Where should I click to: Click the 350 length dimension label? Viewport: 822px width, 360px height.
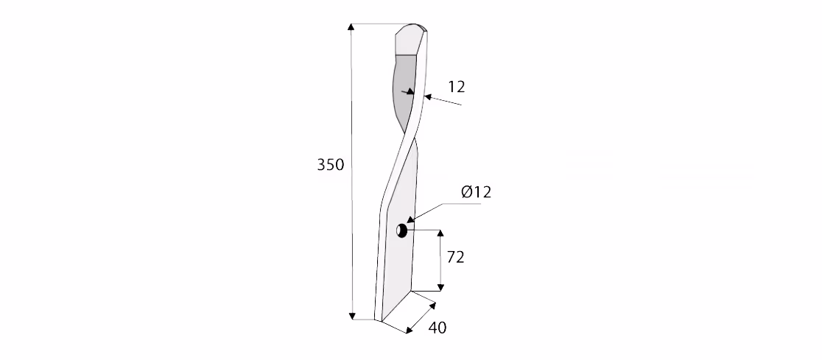[330, 165]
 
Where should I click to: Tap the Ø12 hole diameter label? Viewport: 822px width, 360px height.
[476, 192]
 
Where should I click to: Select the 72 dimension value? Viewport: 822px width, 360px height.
[455, 257]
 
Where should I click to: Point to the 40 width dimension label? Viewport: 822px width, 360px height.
[438, 328]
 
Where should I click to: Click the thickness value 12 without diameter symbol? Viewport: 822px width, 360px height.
[456, 86]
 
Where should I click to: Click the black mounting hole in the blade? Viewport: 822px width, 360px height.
[401, 230]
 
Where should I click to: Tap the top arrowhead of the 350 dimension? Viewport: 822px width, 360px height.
[352, 27]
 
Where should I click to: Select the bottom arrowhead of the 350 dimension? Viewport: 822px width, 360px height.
[352, 315]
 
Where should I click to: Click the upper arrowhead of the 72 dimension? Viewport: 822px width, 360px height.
[440, 233]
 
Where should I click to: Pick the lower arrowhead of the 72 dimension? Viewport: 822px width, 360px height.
[440, 286]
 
